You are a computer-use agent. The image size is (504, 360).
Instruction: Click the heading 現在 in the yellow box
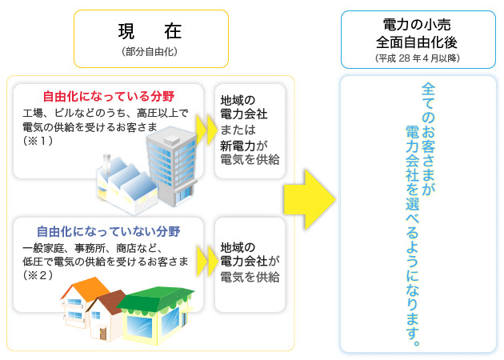150,31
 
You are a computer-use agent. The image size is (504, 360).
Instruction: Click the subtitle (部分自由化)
150,51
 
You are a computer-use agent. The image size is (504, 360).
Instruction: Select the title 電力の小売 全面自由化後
417,34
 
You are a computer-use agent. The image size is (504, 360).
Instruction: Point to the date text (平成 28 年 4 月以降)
418,58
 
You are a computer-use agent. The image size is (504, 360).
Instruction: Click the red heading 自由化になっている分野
109,96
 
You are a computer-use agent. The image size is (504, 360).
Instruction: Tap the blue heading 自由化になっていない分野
109,231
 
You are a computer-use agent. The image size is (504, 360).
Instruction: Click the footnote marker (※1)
38,141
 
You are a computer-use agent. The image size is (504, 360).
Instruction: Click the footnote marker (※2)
38,275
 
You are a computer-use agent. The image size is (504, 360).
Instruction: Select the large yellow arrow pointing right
310,200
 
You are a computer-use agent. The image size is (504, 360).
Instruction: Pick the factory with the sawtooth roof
127,185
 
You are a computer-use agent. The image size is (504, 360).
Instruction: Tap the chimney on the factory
106,165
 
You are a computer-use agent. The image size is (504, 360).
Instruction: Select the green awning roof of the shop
155,299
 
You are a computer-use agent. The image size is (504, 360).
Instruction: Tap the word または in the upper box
238,130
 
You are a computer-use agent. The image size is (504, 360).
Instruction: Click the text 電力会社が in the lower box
250,261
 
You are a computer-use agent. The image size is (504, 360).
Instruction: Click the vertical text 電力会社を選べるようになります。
412,236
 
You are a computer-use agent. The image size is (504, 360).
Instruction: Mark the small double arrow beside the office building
206,130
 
